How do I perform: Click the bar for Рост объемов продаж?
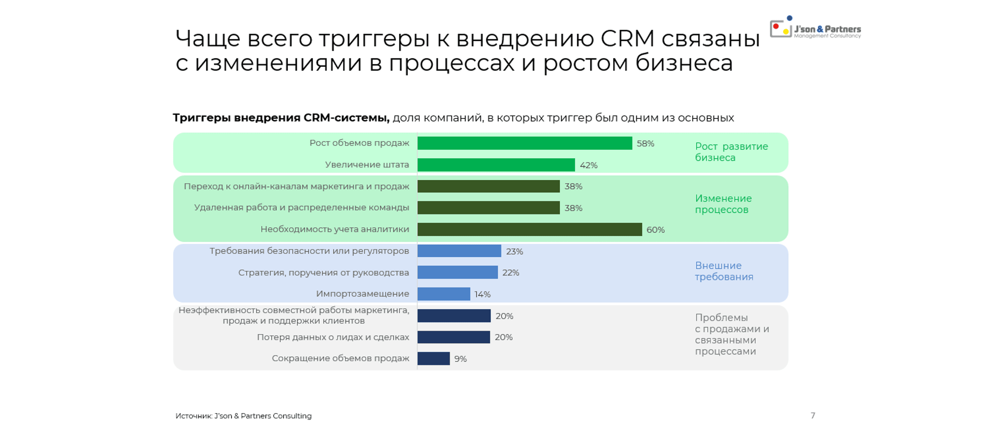pos(524,143)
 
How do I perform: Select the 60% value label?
pos(655,230)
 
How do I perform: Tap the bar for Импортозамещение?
pos(443,294)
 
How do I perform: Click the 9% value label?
pos(460,359)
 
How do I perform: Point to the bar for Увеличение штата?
pos(496,165)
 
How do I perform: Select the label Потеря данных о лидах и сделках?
pos(332,337)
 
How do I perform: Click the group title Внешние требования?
pos(723,271)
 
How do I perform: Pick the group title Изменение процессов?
pos(723,204)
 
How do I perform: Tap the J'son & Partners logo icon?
pos(781,28)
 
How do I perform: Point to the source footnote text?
pos(243,416)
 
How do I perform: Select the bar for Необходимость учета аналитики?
pos(530,230)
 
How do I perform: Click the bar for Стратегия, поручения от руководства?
pos(457,272)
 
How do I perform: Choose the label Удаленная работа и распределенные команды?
pos(301,207)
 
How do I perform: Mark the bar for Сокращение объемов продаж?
pos(434,358)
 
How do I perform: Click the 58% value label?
pos(645,144)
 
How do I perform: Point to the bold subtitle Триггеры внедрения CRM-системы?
pos(281,118)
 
